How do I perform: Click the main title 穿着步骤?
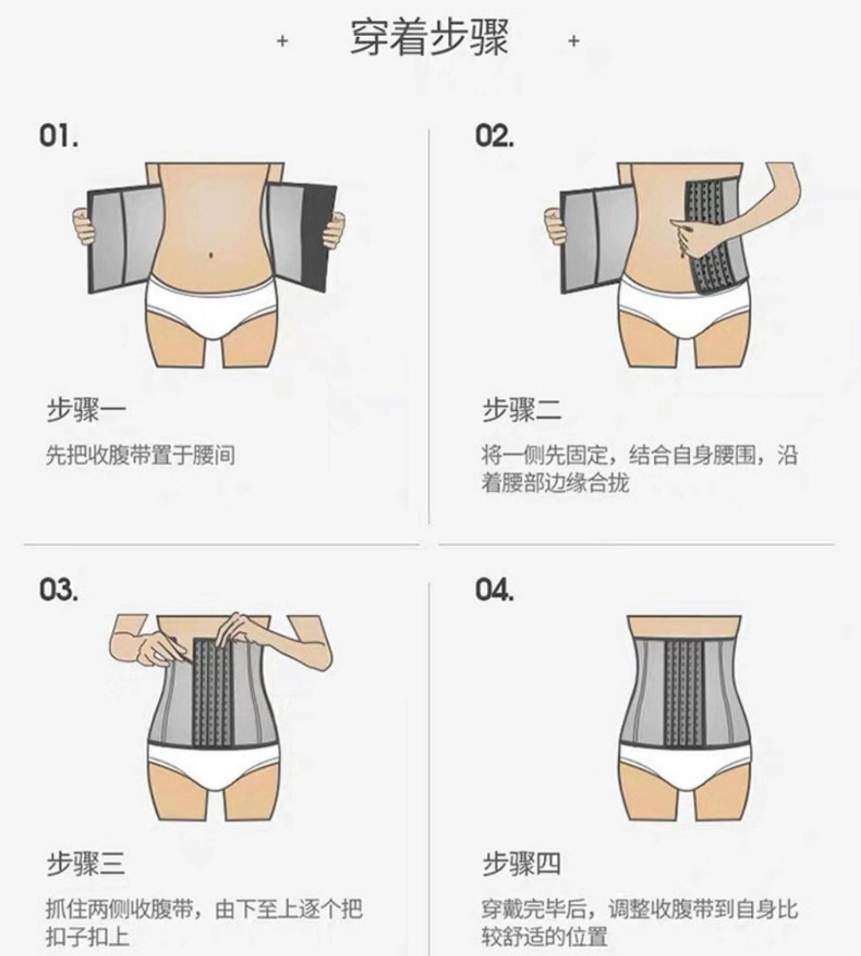(429, 38)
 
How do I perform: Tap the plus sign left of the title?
(282, 41)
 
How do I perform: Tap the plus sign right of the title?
(573, 41)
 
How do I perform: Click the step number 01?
(59, 136)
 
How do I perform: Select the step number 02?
(494, 136)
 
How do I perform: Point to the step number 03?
(59, 589)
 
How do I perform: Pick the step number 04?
(494, 589)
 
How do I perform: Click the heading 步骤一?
(86, 410)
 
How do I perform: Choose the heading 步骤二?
(522, 410)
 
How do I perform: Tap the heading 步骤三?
(86, 864)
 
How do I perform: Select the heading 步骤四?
(522, 864)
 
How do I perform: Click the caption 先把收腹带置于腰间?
(141, 456)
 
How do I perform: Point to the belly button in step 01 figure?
(212, 252)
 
